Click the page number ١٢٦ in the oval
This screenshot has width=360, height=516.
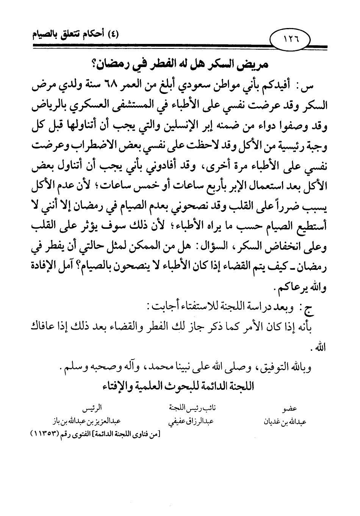pyautogui.click(x=291, y=39)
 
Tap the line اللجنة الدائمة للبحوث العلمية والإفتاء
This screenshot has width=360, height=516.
pyautogui.click(x=178, y=386)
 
